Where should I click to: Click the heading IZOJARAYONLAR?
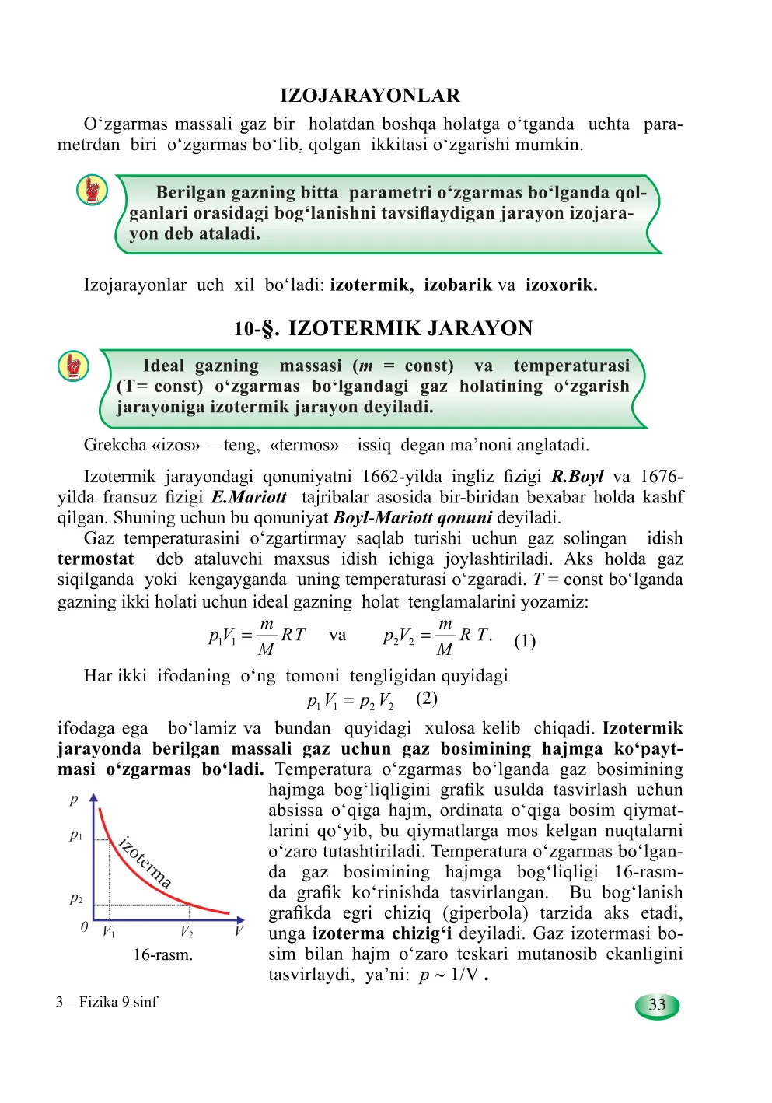pyautogui.click(x=370, y=96)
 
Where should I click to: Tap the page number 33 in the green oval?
pyautogui.click(x=657, y=1005)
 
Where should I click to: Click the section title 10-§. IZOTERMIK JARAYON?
pyautogui.click(x=383, y=328)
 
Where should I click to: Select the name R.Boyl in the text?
pyautogui.click(x=577, y=477)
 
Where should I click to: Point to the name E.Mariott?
pyautogui.click(x=249, y=497)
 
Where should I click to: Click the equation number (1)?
pyautogui.click(x=525, y=641)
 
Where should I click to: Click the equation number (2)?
pyautogui.click(x=427, y=698)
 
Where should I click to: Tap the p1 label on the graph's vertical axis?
pyautogui.click(x=75, y=835)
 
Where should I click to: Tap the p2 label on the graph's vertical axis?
pyautogui.click(x=75, y=898)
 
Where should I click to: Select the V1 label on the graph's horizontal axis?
pyautogui.click(x=108, y=932)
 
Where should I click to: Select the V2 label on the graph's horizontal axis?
pyautogui.click(x=187, y=932)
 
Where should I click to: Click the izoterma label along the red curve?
pyautogui.click(x=145, y=862)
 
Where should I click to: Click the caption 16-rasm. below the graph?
pyautogui.click(x=162, y=954)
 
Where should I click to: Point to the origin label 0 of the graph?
pyautogui.click(x=84, y=927)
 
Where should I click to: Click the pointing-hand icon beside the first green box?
pyautogui.click(x=92, y=190)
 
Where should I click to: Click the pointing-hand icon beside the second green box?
pyautogui.click(x=73, y=366)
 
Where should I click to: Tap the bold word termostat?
pyautogui.click(x=95, y=559)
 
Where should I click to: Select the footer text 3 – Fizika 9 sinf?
pyautogui.click(x=107, y=1002)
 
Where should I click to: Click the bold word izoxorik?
pyautogui.click(x=561, y=285)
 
